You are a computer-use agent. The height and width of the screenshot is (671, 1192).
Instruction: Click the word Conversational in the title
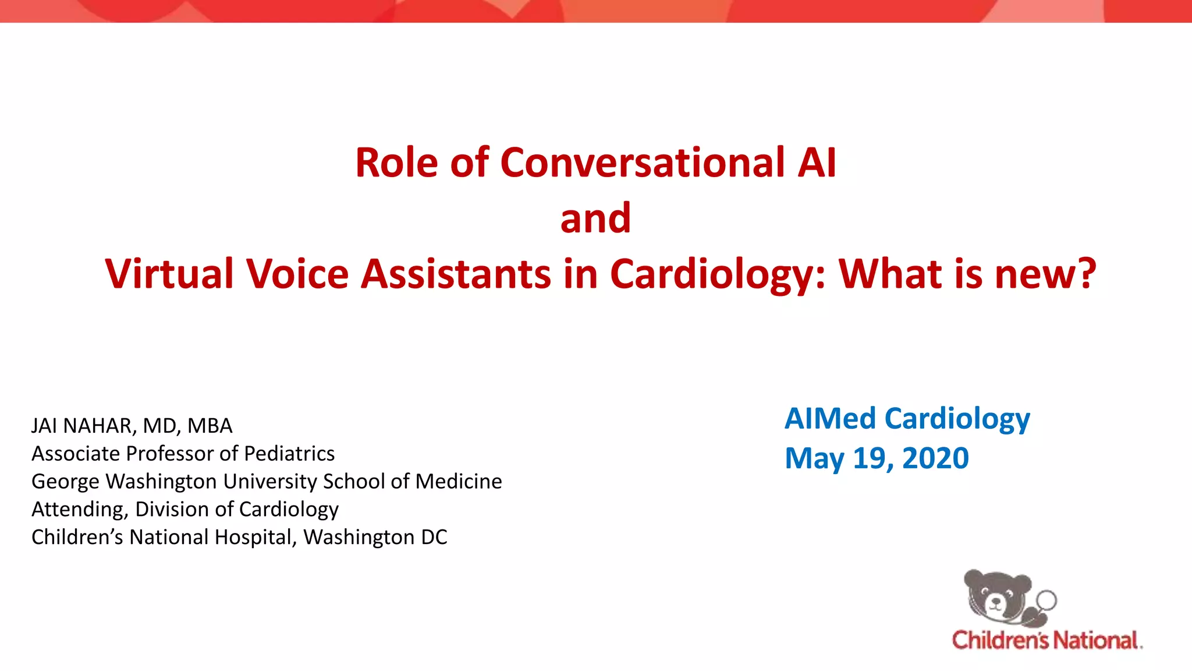[x=643, y=163]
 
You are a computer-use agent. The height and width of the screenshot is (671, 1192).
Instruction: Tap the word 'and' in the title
[x=595, y=218]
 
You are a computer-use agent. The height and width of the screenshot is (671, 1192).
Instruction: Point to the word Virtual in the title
[x=169, y=274]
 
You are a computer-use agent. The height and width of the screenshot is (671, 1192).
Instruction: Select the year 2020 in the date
[x=935, y=458]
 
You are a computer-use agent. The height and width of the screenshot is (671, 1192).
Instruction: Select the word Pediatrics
[x=289, y=454]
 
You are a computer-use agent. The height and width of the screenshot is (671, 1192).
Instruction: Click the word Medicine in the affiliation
[x=459, y=482]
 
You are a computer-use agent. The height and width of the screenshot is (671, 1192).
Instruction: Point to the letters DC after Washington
[x=434, y=537]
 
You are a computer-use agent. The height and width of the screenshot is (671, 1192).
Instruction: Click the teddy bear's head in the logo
[x=996, y=594]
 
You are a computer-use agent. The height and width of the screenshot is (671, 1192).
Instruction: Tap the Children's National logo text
[x=1046, y=640]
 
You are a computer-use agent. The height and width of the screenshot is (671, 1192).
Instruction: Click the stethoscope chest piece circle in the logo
[x=1046, y=600]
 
